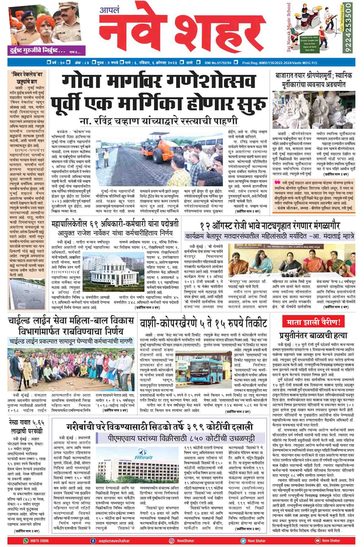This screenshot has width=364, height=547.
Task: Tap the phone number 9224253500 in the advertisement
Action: tap(348, 28)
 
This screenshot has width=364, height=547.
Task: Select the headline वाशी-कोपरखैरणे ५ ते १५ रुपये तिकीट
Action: tap(203, 323)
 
